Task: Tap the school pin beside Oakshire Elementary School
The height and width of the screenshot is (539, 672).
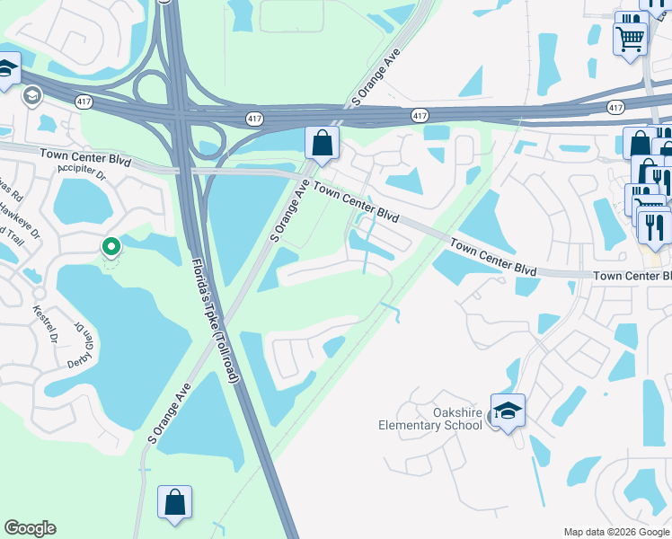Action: (508, 411)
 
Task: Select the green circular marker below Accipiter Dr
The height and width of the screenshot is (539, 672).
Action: (111, 246)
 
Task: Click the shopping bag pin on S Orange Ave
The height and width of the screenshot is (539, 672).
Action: (322, 144)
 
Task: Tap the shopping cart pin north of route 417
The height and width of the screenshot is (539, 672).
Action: (631, 38)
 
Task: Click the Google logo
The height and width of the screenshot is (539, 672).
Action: (30, 528)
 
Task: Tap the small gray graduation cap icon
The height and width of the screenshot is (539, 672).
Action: (32, 95)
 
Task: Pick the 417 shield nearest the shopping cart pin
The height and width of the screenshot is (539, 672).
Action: (615, 108)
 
